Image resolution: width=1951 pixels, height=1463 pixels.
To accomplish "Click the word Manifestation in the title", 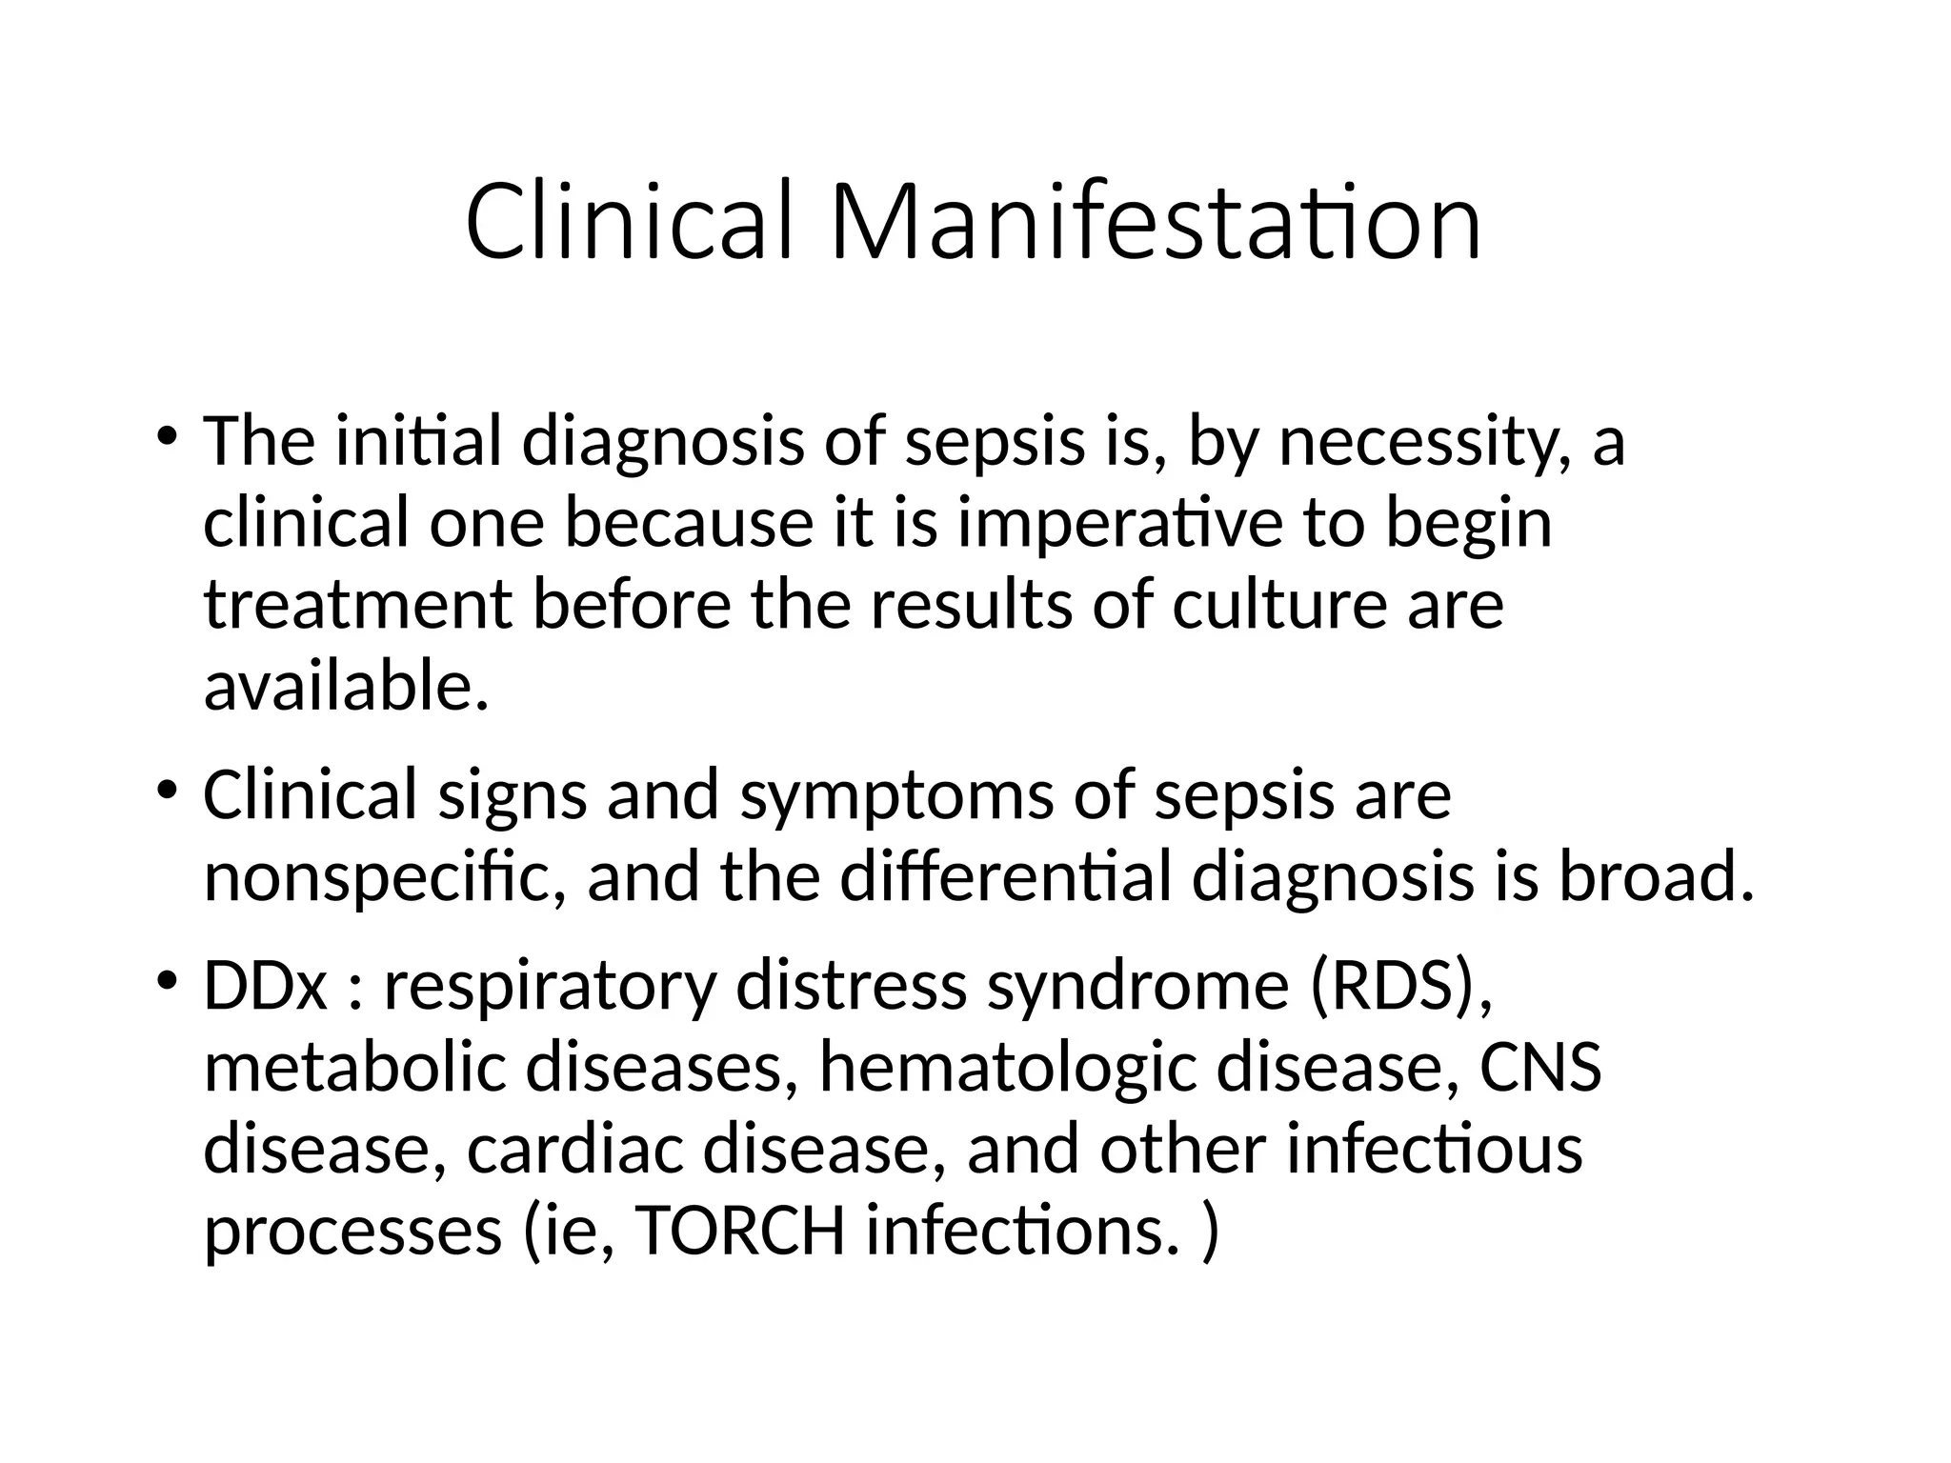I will pos(1156,223).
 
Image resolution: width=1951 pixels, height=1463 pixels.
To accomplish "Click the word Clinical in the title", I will pos(629,223).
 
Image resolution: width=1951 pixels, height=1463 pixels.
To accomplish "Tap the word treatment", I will pos(358,606).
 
